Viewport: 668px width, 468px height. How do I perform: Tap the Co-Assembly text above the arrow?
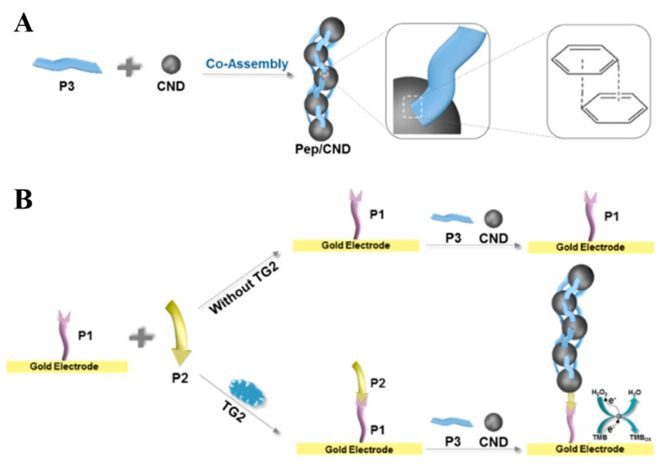point(247,64)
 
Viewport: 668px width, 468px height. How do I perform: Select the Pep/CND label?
point(323,149)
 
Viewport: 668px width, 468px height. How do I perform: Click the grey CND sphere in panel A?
point(171,64)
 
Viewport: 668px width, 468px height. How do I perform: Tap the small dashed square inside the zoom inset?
point(412,107)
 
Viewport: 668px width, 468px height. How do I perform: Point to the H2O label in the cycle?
point(634,392)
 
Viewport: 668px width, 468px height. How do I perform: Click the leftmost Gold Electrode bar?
point(67,366)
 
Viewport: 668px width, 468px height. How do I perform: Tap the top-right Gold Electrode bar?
point(591,247)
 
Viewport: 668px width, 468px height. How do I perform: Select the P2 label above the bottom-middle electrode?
point(378,383)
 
